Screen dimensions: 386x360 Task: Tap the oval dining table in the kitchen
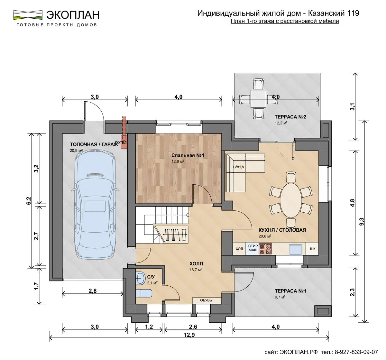pyautogui.click(x=291, y=200)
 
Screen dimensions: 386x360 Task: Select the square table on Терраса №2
pyautogui.click(x=258, y=99)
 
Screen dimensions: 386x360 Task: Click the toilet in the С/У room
pyautogui.click(x=144, y=293)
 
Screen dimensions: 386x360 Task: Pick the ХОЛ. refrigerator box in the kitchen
pyautogui.click(x=239, y=249)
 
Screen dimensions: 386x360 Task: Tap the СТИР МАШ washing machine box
pyautogui.click(x=253, y=248)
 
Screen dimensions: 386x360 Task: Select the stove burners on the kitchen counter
pyautogui.click(x=265, y=249)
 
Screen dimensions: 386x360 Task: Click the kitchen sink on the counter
pyautogui.click(x=296, y=250)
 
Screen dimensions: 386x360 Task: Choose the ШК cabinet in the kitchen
pyautogui.click(x=312, y=249)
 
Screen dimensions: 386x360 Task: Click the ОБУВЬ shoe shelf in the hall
pyautogui.click(x=207, y=300)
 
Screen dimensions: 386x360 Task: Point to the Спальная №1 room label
pyautogui.click(x=188, y=155)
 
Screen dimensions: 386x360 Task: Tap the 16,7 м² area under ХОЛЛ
pyautogui.click(x=196, y=270)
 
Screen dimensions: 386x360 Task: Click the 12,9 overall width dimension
pyautogui.click(x=189, y=335)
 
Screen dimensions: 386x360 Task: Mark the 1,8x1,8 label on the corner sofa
pyautogui.click(x=238, y=167)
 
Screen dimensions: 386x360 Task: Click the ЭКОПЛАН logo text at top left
pyautogui.click(x=73, y=15)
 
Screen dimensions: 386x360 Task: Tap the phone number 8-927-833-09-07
pyautogui.click(x=356, y=352)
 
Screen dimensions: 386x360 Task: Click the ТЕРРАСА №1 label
pyautogui.click(x=290, y=291)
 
